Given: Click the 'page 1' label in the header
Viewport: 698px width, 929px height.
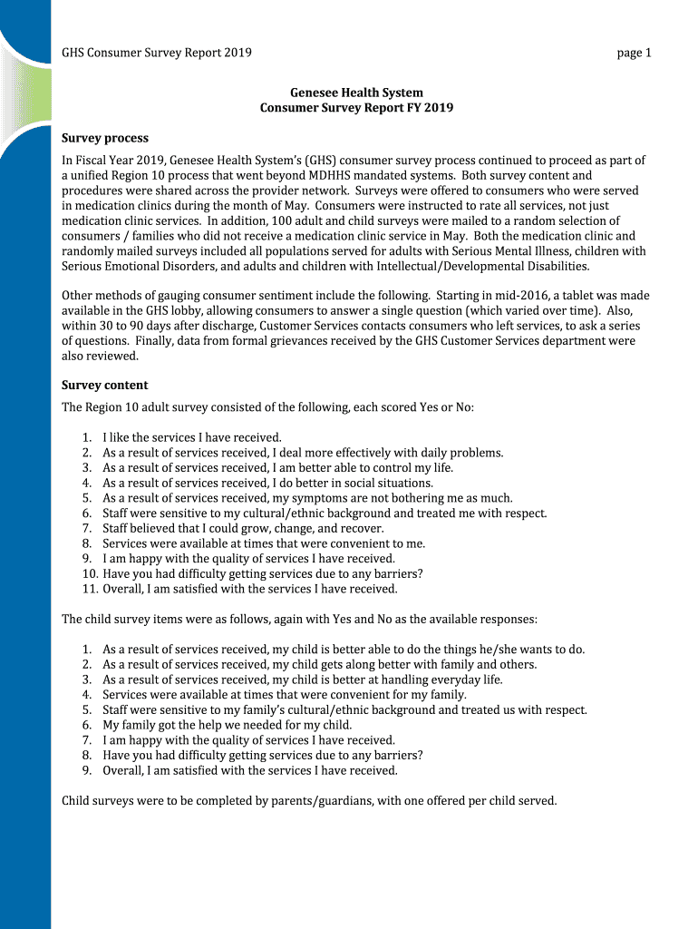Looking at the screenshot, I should [635, 53].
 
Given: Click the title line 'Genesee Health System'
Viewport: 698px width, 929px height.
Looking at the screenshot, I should [356, 93].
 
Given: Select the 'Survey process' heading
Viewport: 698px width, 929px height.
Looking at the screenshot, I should [104, 138].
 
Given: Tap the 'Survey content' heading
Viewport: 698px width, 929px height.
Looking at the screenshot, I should [104, 385].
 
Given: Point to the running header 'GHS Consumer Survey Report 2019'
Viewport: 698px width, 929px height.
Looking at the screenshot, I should [156, 53].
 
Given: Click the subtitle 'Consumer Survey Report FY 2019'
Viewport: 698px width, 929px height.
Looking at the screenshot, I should [356, 108].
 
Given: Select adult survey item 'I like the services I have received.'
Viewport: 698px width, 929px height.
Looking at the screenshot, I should [192, 437].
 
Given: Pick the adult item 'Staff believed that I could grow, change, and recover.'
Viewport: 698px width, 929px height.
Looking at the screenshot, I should [243, 528].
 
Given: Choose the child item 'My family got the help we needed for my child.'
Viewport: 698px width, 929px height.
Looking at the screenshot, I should [227, 725].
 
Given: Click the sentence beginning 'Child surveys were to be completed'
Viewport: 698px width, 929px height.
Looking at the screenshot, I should [309, 801].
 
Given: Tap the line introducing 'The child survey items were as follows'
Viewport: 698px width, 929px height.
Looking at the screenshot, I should [299, 619].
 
